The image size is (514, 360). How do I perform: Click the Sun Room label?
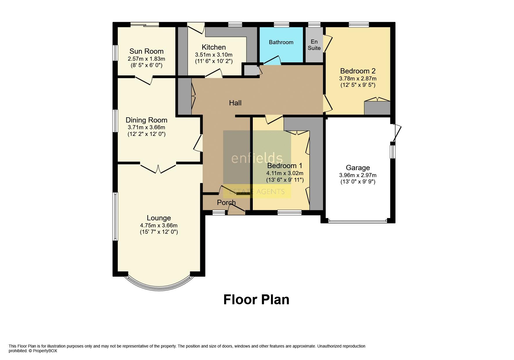146,51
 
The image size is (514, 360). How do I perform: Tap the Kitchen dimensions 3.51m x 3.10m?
214,55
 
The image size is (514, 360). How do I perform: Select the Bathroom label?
281,42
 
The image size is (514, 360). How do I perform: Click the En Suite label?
314,45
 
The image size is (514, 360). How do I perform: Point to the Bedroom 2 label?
358,71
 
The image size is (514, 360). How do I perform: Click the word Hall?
235,103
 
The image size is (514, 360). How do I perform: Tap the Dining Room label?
146,120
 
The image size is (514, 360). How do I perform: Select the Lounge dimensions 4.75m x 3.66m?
159,225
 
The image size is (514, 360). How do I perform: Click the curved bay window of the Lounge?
159,286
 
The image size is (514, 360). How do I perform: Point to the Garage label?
358,168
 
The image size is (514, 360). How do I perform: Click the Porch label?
226,202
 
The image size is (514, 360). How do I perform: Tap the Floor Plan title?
256,300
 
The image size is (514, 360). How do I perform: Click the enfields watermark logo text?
257,158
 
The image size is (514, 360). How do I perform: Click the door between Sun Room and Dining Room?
144,80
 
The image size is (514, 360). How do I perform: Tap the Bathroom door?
272,60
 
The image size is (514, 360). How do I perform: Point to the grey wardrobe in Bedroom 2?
377,108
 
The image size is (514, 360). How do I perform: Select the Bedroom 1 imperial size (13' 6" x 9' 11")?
285,180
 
